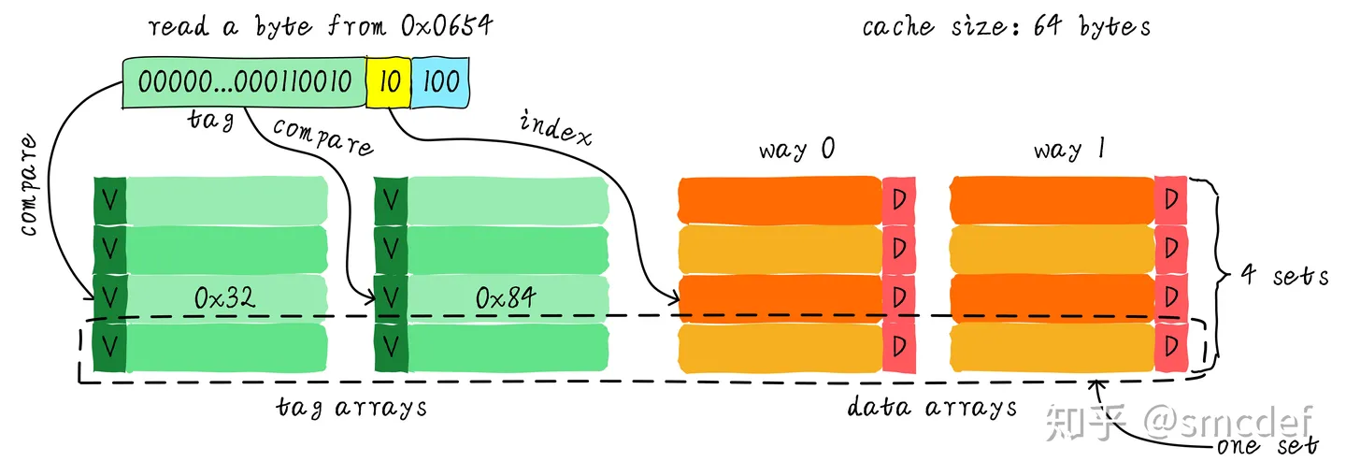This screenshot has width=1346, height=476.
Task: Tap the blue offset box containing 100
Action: coord(439,81)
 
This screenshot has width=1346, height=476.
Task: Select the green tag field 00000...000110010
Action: coord(244,81)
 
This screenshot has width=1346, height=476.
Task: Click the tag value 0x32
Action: coord(225,297)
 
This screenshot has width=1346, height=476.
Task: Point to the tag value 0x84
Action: coord(506,297)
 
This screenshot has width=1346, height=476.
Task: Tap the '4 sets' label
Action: coord(1284,277)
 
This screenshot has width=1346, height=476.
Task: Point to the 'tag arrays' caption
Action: coord(352,409)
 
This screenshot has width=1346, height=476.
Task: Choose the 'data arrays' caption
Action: coord(932,409)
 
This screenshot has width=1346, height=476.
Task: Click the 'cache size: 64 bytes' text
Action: coord(1006,25)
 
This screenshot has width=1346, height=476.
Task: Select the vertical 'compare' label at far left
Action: coord(28,186)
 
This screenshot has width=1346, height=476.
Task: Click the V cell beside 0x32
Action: coord(109,297)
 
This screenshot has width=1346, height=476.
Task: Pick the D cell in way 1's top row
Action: coord(1169,200)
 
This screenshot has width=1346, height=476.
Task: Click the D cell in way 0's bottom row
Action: coord(898,346)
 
